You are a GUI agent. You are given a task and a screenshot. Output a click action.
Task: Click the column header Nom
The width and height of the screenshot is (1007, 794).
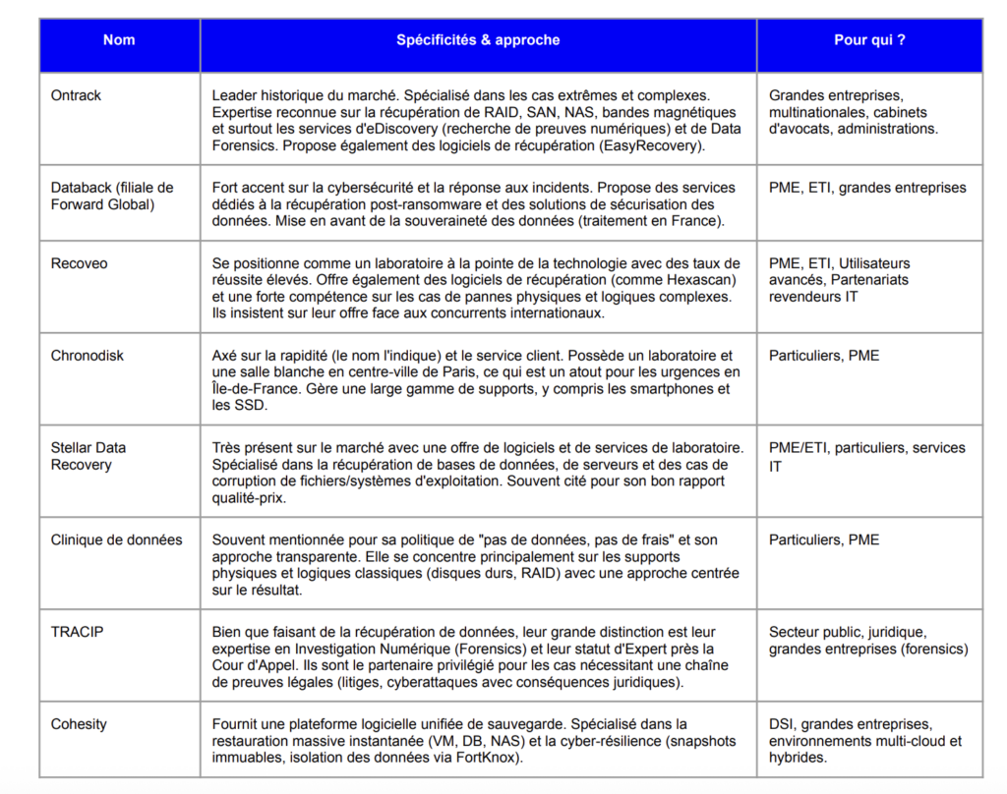[119, 40]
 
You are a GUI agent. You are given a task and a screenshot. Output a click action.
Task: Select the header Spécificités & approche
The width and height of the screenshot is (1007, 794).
[478, 40]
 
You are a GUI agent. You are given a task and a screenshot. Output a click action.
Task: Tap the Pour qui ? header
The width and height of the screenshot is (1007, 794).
[869, 40]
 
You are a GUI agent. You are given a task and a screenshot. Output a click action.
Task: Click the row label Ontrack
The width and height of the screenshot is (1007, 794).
[76, 96]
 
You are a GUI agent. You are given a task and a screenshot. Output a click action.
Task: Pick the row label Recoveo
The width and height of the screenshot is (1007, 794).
[79, 263]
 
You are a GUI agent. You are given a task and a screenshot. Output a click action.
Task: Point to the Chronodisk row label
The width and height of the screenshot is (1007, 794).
[88, 356]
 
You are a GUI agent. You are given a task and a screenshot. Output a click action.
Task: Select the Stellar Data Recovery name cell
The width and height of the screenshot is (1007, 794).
[89, 456]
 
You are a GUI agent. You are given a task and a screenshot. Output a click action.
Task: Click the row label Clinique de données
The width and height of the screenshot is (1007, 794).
[116, 539]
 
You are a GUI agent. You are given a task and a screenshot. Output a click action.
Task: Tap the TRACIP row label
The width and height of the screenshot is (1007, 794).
[77, 632]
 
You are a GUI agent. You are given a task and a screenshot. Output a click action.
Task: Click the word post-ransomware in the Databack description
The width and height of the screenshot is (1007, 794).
[418, 204]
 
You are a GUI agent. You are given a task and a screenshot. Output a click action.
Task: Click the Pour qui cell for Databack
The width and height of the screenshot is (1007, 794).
[867, 188]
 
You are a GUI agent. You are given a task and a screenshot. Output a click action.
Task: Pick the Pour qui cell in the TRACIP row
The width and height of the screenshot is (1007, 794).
[868, 640]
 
